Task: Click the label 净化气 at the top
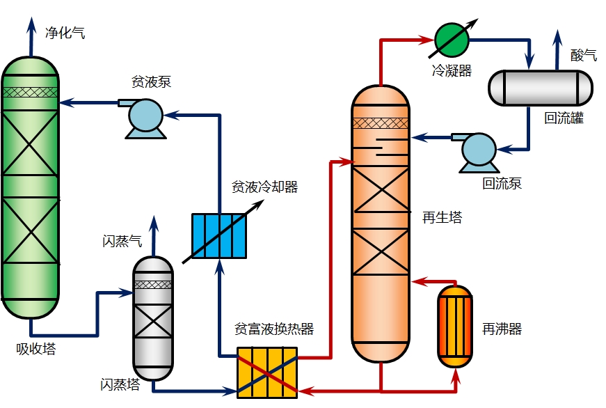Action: [65, 33]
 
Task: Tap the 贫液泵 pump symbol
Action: [145, 116]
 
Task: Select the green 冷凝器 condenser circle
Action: [452, 39]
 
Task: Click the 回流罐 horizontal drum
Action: [540, 87]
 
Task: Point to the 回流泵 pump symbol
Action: [477, 150]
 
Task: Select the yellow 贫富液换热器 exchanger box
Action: [267, 372]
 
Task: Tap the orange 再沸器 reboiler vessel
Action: [456, 326]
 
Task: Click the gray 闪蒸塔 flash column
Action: [153, 313]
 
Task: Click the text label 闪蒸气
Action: [122, 242]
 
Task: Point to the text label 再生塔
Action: [442, 217]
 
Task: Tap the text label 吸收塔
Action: [35, 349]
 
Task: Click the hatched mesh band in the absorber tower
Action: [30, 91]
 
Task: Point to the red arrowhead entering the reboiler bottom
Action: [456, 377]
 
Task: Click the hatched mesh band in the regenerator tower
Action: [381, 123]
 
